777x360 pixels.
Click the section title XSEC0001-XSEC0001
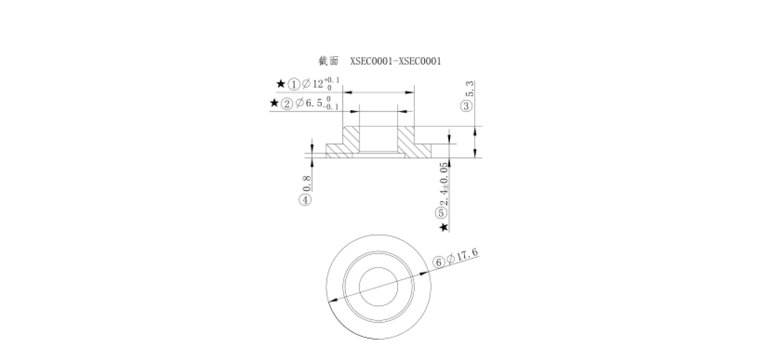point(396,61)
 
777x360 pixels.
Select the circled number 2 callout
point(287,104)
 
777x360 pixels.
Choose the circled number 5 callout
point(442,212)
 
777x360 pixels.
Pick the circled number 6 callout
point(438,261)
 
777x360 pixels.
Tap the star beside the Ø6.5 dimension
point(274,104)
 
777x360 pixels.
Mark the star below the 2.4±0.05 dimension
point(442,227)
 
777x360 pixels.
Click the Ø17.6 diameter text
point(462,256)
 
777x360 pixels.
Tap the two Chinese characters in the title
point(329,61)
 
